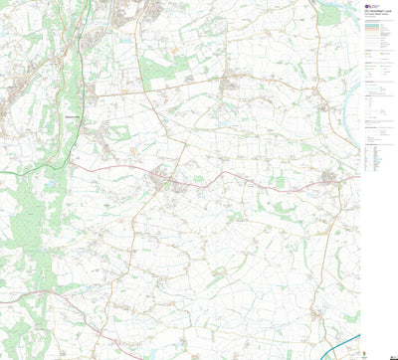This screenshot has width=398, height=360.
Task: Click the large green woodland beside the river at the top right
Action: pyautogui.click(x=329, y=15)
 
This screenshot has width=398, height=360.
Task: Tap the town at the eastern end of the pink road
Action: pyautogui.click(x=332, y=178)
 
